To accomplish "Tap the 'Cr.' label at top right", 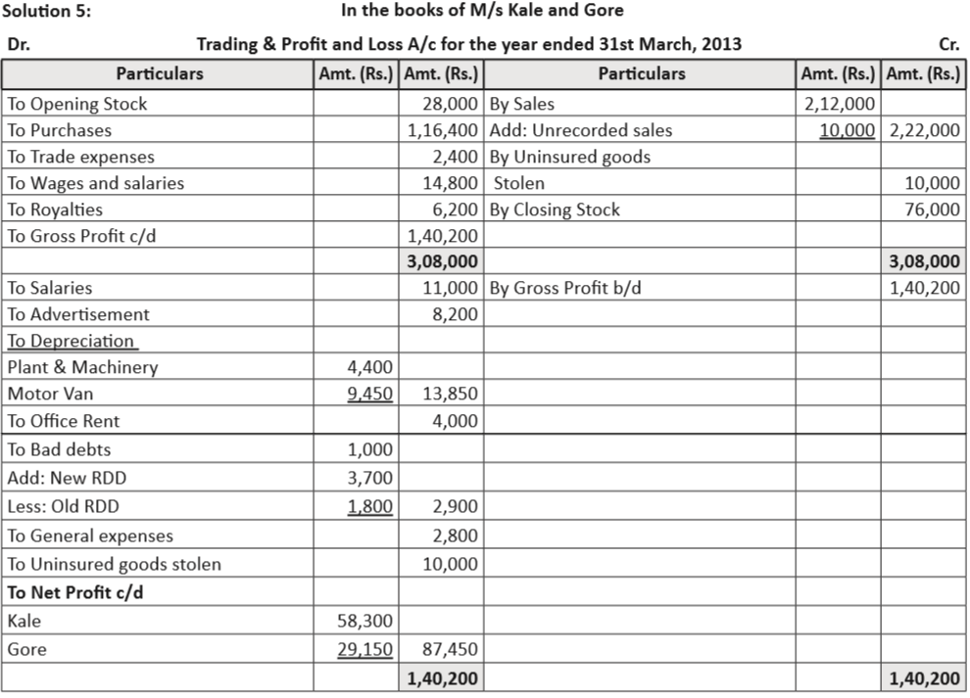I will click(948, 44).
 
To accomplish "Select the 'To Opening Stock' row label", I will click(76, 104).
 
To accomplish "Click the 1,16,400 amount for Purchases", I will click(443, 130).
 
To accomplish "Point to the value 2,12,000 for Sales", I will click(839, 104).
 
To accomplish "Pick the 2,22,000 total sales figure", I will click(923, 130).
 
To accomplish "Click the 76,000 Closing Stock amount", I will click(933, 209).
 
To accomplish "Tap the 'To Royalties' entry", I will click(55, 209).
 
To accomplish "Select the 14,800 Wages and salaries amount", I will click(450, 183).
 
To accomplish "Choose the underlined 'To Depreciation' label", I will click(71, 341).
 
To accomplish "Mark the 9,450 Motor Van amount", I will click(369, 395).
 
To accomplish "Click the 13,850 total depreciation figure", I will click(450, 395).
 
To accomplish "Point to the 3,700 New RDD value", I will click(369, 479).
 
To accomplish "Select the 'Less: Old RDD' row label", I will click(64, 507).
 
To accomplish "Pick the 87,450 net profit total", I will click(450, 649).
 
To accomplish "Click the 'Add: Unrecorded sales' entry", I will click(580, 130).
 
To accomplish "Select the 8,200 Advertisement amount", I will click(456, 314).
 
